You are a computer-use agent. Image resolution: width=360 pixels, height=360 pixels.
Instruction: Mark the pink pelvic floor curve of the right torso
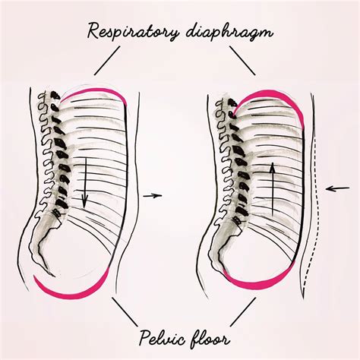266,286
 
